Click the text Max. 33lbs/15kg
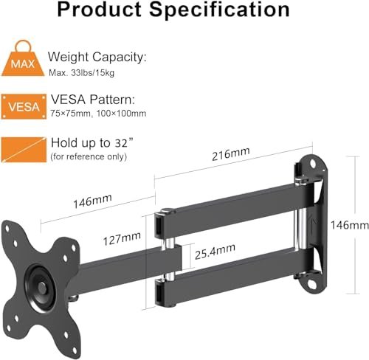pyautogui.click(x=82, y=72)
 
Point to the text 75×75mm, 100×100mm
pyautogui.click(x=97, y=113)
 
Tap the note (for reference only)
pyautogui.click(x=89, y=156)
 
